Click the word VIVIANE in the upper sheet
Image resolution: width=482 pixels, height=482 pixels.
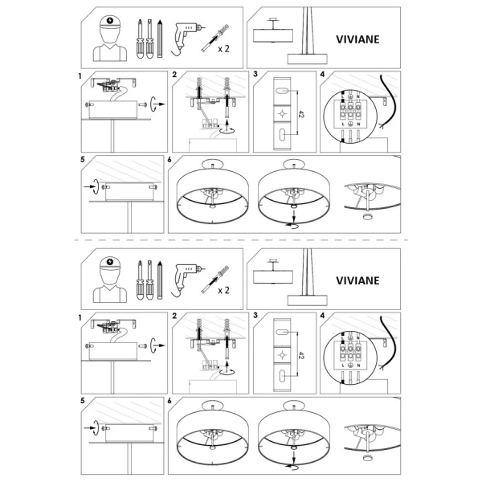[x=357, y=39]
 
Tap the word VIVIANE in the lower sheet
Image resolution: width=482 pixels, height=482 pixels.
[x=357, y=280]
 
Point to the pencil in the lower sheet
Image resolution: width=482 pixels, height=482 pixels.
[x=160, y=280]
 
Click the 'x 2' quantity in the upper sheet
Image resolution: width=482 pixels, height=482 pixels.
[x=223, y=49]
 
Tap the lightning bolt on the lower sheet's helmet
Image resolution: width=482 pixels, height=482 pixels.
[x=111, y=262]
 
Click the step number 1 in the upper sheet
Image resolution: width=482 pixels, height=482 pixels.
[x=80, y=76]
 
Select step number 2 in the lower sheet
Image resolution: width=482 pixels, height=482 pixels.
[x=174, y=316]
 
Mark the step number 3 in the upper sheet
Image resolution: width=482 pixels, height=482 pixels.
[x=255, y=74]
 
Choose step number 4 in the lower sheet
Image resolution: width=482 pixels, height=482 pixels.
[x=322, y=316]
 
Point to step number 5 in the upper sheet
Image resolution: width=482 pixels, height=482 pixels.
[x=83, y=160]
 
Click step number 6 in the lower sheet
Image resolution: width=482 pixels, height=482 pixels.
[x=170, y=401]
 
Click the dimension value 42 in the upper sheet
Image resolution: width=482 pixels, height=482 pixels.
[x=300, y=114]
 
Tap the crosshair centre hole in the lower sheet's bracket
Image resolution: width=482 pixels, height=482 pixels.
[x=282, y=355]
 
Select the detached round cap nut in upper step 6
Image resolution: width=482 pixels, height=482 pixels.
[x=367, y=216]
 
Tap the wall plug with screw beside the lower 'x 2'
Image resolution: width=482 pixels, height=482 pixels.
[x=215, y=279]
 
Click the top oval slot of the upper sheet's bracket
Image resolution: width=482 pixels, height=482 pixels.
[x=282, y=91]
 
